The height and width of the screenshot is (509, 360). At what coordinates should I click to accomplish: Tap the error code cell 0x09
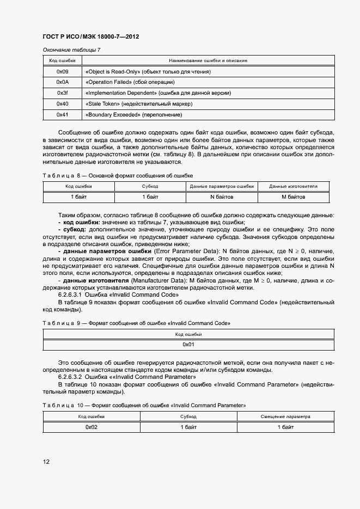click(63, 72)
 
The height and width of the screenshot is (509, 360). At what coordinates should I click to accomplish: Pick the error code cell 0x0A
click(63, 82)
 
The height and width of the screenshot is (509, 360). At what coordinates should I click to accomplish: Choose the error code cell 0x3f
click(63, 93)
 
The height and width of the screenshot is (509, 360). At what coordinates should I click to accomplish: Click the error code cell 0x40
click(63, 104)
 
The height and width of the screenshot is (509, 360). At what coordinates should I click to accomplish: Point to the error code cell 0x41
click(63, 115)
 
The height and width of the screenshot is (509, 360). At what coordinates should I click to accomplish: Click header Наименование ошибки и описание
click(209, 61)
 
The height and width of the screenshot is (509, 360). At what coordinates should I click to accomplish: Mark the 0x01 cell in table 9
click(188, 345)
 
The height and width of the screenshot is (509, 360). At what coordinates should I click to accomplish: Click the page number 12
click(46, 462)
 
